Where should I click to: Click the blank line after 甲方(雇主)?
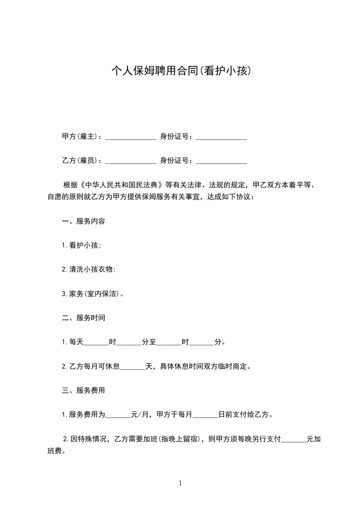point(131,137)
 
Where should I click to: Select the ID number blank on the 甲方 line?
point(222,137)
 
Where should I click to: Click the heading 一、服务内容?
point(84,222)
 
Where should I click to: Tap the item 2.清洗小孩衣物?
point(89,269)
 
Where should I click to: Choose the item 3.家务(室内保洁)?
point(93,294)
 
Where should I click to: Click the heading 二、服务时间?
point(84,318)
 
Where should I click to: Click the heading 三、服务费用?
point(84,390)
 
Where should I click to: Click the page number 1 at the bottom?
point(180,483)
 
